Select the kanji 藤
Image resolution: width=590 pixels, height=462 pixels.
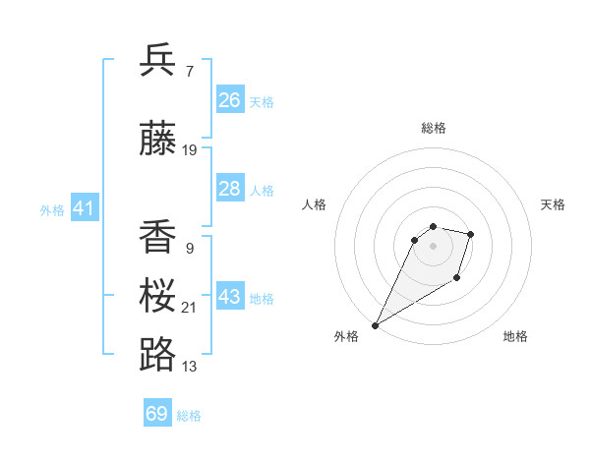(158, 138)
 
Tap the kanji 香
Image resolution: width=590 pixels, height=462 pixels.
(158, 236)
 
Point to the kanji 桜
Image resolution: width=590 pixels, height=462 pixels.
(158, 296)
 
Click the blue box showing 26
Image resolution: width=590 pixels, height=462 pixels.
(230, 100)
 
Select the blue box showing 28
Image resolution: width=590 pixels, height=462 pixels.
(230, 189)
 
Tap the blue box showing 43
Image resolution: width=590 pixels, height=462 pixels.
(230, 297)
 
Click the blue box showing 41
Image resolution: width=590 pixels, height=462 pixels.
(84, 208)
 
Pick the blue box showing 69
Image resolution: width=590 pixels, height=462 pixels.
(157, 414)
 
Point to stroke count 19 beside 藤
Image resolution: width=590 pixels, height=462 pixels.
(190, 150)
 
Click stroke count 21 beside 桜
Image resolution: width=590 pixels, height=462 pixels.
(190, 308)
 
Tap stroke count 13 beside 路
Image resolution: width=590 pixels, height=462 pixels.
(190, 367)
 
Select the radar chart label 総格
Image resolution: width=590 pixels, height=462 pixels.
(433, 128)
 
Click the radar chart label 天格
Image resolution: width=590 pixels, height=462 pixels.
(553, 204)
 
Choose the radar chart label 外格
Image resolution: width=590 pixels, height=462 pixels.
(346, 336)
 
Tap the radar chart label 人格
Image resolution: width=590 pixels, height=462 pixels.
(315, 204)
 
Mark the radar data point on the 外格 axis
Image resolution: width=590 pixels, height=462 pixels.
(375, 324)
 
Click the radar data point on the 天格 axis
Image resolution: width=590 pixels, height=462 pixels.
(471, 234)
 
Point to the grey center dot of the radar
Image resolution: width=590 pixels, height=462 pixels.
(433, 246)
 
